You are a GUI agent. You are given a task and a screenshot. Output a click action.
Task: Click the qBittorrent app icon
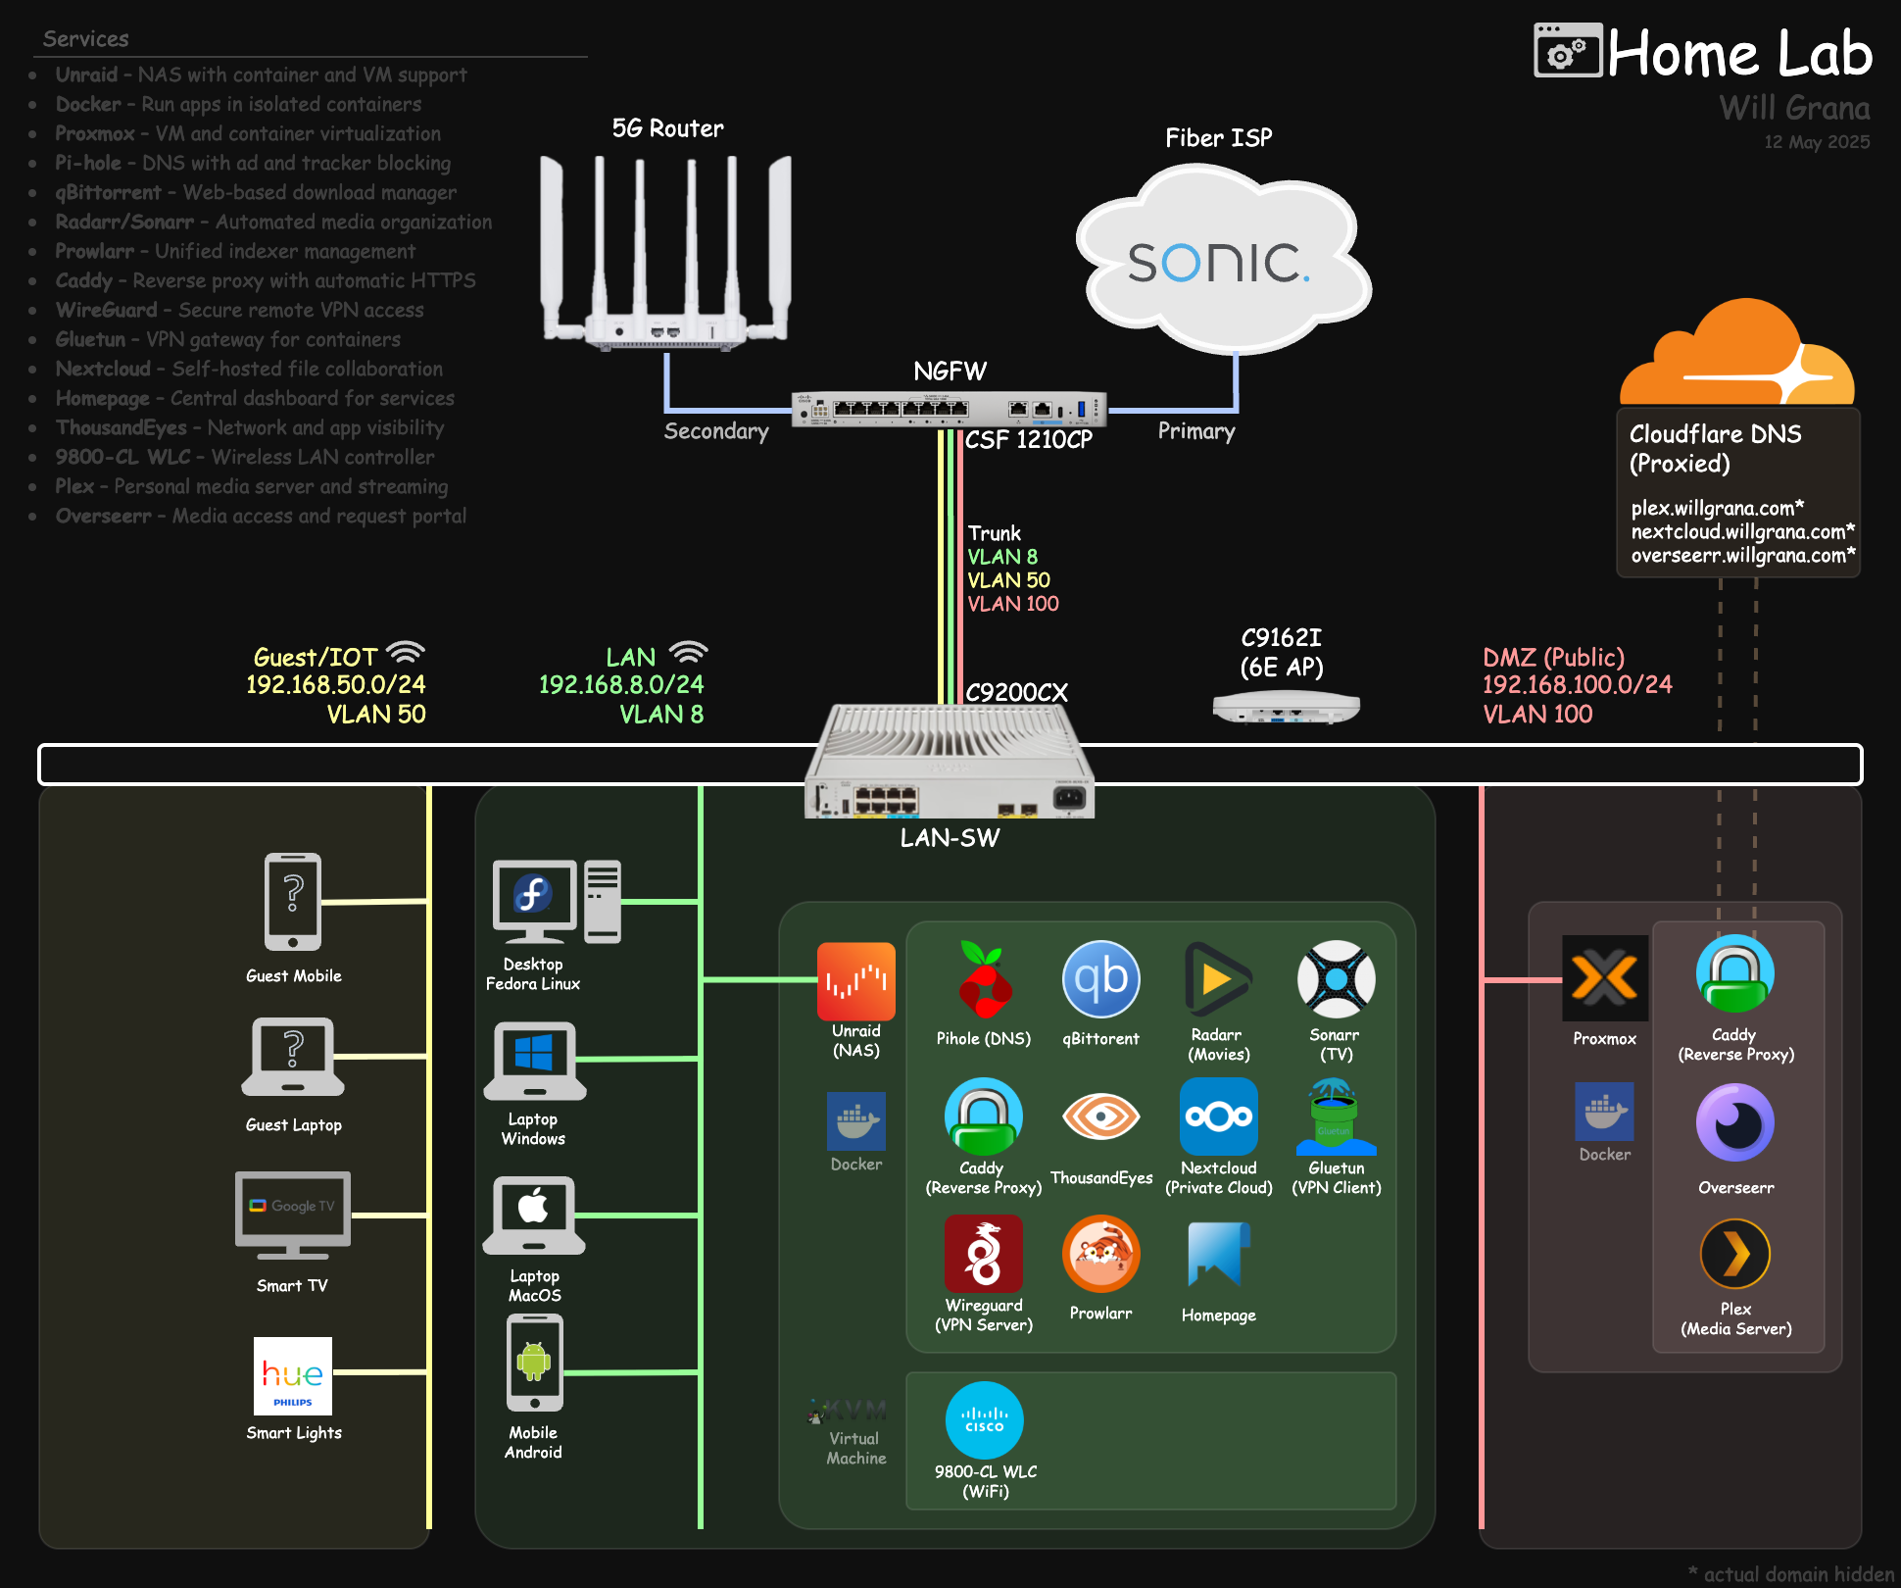coord(1100,979)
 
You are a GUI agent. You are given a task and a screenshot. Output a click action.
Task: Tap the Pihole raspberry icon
coord(984,980)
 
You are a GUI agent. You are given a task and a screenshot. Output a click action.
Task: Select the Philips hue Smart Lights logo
coord(292,1375)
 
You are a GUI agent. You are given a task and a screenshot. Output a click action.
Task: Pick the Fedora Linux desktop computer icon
coord(556,901)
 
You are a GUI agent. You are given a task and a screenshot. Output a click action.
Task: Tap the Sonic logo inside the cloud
coord(1218,263)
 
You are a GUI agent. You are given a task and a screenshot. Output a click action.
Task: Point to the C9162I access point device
coord(1286,707)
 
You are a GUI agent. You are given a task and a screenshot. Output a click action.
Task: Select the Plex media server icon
coord(1734,1254)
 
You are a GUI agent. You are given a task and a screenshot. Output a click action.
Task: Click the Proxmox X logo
coord(1604,978)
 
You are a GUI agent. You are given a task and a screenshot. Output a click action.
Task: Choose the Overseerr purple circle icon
coord(1734,1122)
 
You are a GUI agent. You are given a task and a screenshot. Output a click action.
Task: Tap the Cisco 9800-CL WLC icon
coord(984,1420)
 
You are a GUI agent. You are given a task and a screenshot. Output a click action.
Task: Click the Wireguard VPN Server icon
coord(983,1254)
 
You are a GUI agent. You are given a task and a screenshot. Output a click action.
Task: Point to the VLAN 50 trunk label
coord(1008,580)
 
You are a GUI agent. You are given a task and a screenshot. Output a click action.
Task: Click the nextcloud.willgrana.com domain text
coord(1741,532)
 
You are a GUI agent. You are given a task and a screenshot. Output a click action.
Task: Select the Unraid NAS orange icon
coord(855,981)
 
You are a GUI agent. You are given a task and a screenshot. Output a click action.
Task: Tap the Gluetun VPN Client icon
coord(1335,1117)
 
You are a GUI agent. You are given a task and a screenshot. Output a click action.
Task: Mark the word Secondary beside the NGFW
coord(715,431)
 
